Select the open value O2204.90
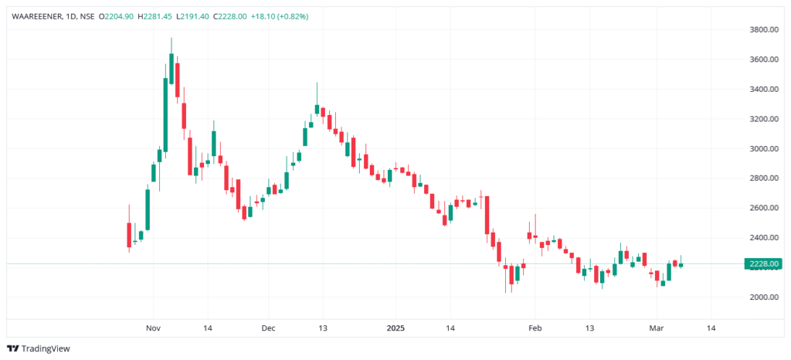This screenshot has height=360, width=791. click(x=117, y=16)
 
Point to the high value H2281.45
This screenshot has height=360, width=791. click(x=156, y=16)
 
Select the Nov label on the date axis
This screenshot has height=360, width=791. click(x=152, y=328)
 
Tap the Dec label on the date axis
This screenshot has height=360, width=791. click(x=267, y=328)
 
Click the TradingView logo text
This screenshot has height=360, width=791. click(x=45, y=348)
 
